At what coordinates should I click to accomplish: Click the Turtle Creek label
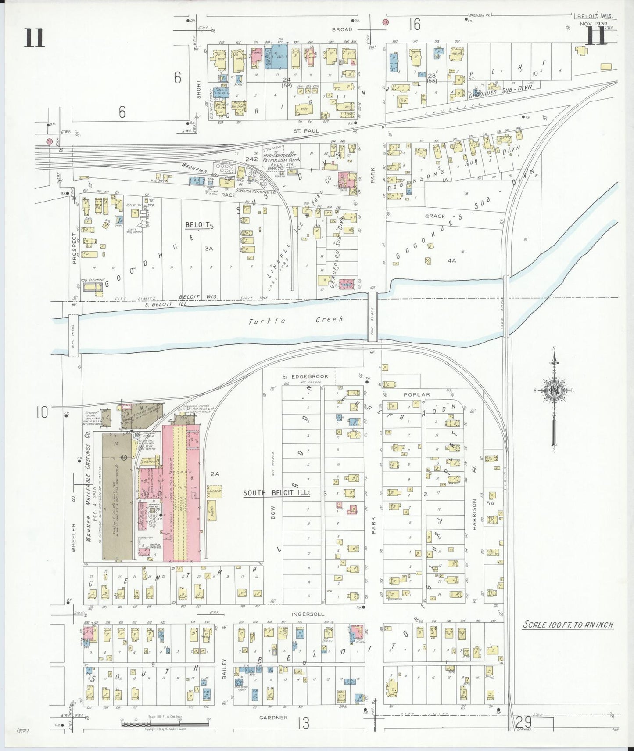tap(296, 320)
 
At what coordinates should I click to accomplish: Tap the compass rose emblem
tap(554, 390)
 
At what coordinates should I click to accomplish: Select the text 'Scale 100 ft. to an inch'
tap(567, 625)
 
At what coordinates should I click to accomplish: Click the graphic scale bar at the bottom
tap(165, 723)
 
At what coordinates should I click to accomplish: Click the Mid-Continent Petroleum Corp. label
tap(281, 158)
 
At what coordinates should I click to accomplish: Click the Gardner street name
tap(273, 718)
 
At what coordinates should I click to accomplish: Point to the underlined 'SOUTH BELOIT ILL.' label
tap(276, 493)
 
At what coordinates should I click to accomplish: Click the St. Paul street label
tap(306, 130)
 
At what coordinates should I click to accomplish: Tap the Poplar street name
tap(417, 394)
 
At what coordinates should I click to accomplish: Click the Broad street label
tap(342, 29)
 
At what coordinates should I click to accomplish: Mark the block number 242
tap(252, 159)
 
